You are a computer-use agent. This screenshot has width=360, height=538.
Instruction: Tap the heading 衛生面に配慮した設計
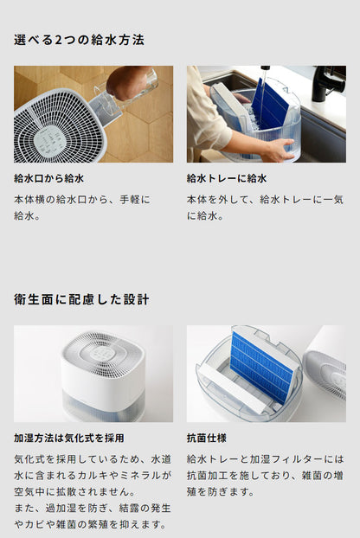[81, 299]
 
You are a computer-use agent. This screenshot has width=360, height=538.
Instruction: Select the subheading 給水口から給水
[48, 179]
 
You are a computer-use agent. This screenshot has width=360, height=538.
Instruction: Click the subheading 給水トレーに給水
[227, 179]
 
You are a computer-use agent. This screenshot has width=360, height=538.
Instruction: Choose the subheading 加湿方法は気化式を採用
[68, 439]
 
